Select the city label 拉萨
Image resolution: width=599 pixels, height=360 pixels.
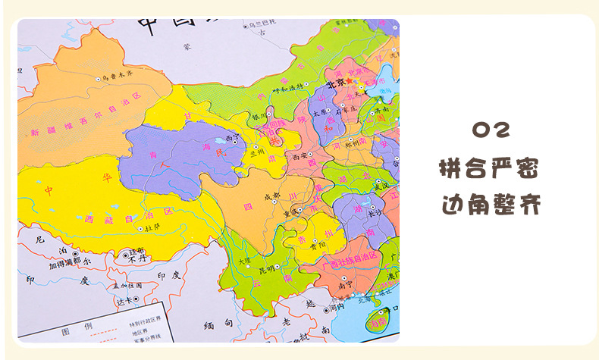pyautogui.click(x=152, y=226)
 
